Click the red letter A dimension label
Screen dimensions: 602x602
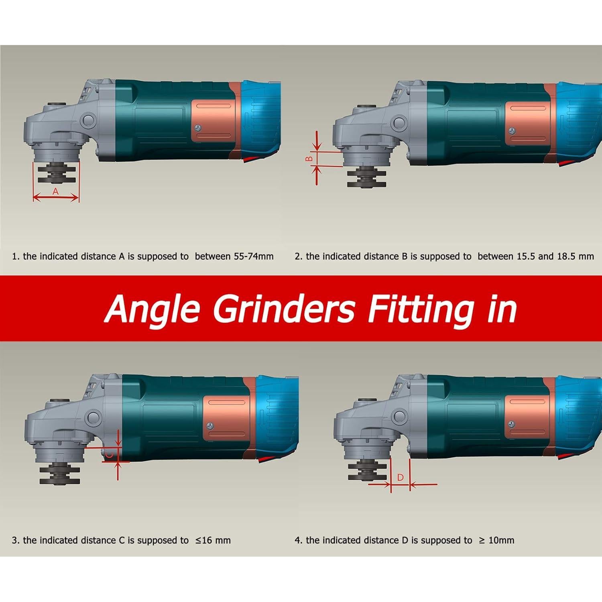tap(56, 192)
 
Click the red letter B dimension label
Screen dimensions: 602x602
tap(309, 159)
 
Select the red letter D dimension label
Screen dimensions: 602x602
tap(400, 478)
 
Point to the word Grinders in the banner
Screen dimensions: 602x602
tap(284, 309)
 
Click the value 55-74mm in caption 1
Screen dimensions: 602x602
tap(254, 256)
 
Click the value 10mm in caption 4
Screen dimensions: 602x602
tap(502, 540)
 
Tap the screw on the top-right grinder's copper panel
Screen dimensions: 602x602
tap(513, 130)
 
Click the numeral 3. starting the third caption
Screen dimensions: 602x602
tap(15, 540)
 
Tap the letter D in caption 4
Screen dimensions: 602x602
tap(404, 540)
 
